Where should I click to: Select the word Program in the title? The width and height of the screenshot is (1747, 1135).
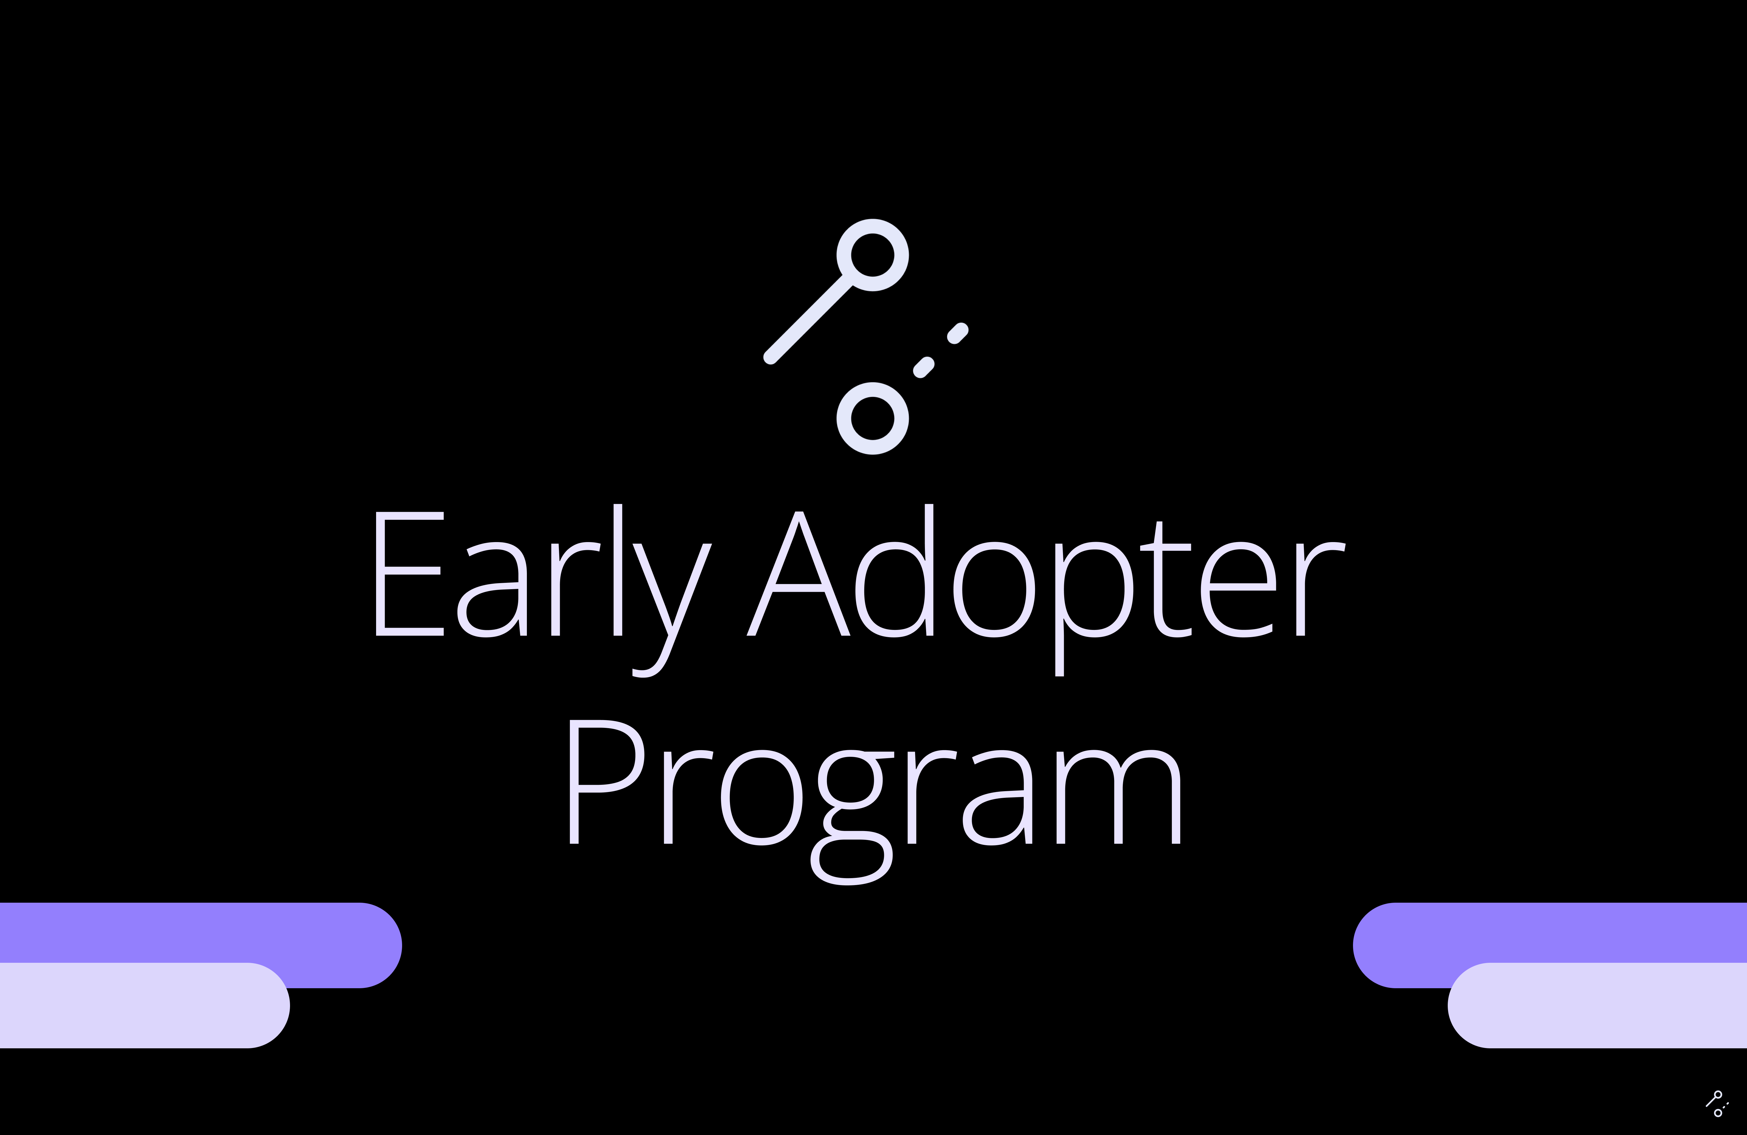875,802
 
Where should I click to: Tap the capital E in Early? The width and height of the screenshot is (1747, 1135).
410,573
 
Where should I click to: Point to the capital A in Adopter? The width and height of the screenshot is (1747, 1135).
798,573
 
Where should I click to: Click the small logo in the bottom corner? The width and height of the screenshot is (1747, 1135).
1716,1104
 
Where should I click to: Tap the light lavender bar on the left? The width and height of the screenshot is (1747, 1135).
145,1005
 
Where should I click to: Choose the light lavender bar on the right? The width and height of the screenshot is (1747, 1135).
1597,1005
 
